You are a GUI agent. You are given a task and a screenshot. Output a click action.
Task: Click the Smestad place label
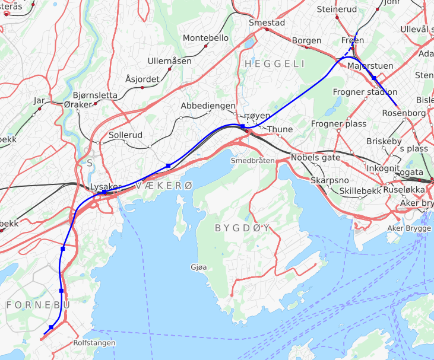[267, 23]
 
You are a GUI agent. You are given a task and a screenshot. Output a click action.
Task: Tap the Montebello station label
[205, 37]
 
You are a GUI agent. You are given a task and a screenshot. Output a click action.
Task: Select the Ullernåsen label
[170, 61]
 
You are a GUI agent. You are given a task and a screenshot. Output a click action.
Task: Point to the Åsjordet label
[142, 79]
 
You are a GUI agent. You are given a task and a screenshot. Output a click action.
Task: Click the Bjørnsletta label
[95, 95]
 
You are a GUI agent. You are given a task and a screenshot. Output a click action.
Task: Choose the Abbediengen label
[208, 105]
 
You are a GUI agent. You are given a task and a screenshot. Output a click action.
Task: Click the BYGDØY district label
[242, 228]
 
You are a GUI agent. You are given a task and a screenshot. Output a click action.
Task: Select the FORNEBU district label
[38, 304]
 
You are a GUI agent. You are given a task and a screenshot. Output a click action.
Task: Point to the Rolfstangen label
[94, 343]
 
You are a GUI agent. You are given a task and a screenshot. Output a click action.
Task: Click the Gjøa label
[199, 267]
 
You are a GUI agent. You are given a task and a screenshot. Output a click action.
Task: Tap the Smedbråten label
[252, 161]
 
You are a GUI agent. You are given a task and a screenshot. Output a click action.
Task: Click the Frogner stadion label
[365, 92]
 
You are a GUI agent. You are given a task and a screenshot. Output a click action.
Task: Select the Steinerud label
[337, 9]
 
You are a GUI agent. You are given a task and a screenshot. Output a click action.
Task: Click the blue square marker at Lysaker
[104, 192]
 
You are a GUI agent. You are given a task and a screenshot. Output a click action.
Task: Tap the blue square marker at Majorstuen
[374, 78]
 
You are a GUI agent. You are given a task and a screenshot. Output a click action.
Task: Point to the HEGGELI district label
[274, 63]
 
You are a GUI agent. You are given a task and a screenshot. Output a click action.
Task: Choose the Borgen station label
[307, 40]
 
